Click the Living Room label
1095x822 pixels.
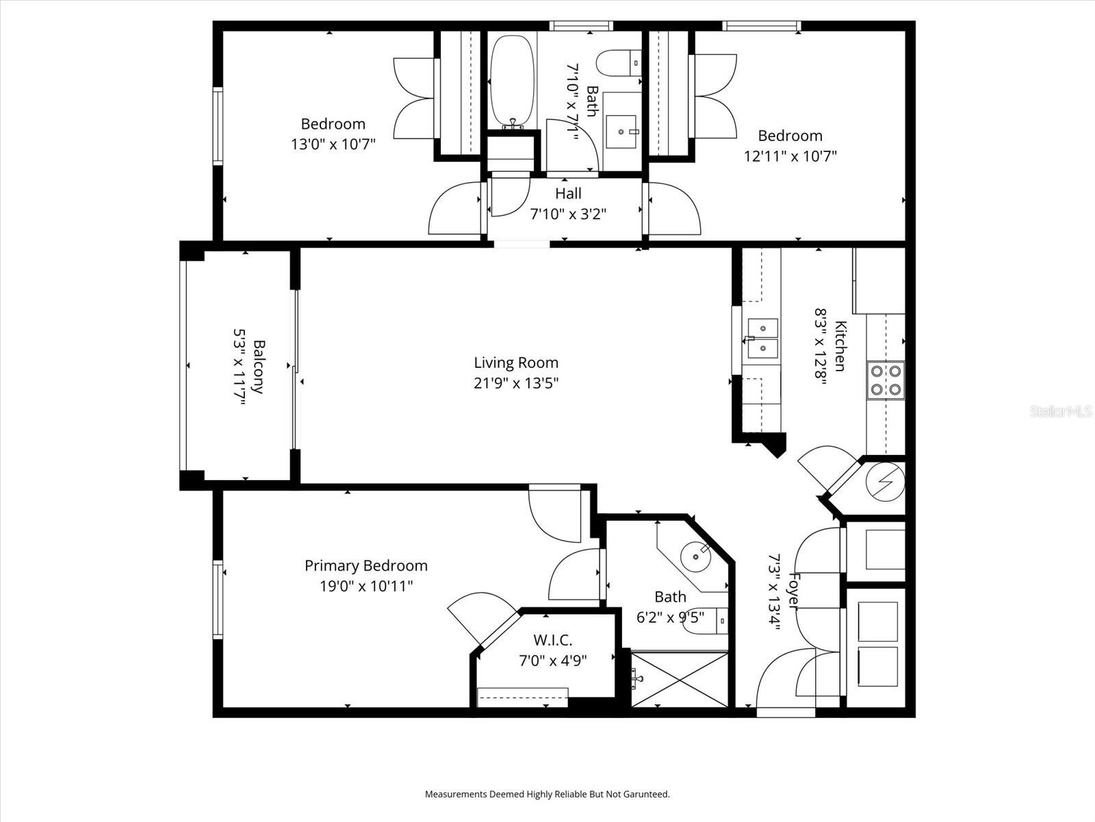click(516, 362)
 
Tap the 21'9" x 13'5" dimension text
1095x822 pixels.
click(516, 383)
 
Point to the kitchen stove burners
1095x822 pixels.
click(885, 381)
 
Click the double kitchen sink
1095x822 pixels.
click(762, 338)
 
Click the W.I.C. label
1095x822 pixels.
click(552, 640)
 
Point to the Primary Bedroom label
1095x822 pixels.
click(365, 566)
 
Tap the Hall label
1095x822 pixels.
click(568, 194)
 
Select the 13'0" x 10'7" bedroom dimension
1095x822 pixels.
click(333, 145)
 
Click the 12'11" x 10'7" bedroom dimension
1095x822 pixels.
click(790, 156)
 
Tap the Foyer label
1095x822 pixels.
click(794, 590)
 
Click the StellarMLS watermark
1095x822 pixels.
click(1060, 412)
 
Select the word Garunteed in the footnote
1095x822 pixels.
click(647, 795)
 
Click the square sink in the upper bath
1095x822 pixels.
click(622, 129)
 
